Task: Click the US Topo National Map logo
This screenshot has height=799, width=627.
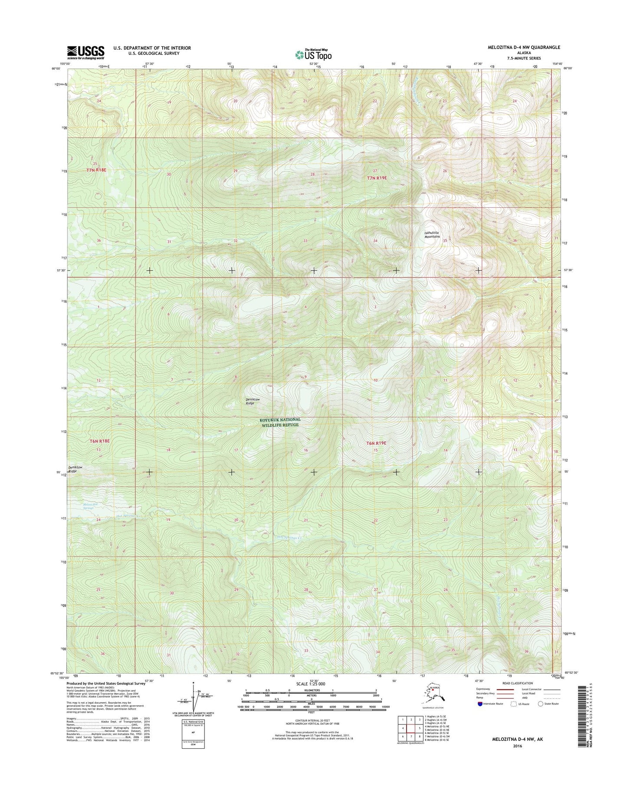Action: coord(313,54)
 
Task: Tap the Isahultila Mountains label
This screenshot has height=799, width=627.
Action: coord(432,235)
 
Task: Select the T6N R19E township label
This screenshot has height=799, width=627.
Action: coord(376,443)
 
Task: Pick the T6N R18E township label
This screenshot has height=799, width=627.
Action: coord(99,441)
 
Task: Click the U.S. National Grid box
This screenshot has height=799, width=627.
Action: coord(193,734)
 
